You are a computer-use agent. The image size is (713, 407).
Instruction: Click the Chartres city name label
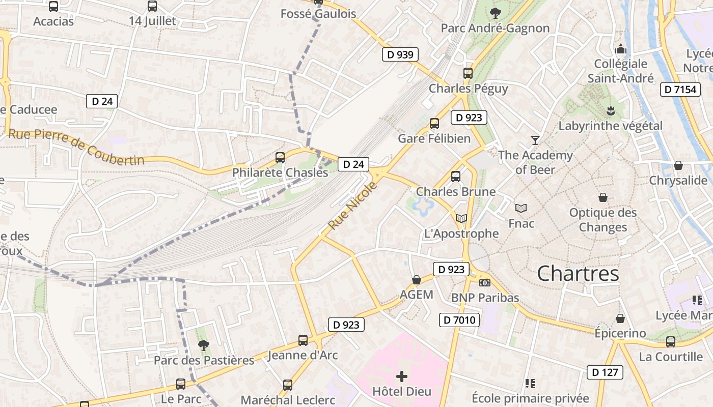[578, 274]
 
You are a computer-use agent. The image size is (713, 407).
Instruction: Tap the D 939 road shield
[400, 54]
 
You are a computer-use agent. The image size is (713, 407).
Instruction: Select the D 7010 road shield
[459, 320]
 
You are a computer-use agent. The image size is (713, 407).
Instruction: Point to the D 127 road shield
[605, 372]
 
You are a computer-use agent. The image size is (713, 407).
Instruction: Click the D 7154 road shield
[679, 90]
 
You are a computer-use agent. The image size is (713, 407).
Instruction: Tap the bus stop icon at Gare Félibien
[434, 124]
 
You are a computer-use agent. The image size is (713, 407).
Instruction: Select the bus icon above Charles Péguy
[468, 73]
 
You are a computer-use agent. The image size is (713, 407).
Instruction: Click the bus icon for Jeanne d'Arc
[303, 340]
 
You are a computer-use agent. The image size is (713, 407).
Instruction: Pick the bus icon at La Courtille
[671, 342]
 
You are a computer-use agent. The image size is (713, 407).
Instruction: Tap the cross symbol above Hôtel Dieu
[402, 376]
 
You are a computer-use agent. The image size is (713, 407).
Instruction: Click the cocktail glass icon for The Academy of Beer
[535, 140]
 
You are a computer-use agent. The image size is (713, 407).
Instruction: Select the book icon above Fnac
[521, 208]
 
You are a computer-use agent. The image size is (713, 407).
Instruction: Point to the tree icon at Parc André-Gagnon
[495, 13]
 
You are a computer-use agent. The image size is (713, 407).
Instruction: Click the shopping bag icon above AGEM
[417, 280]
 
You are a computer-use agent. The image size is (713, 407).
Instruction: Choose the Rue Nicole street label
[353, 205]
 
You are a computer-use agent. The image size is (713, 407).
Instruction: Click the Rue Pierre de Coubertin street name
[76, 147]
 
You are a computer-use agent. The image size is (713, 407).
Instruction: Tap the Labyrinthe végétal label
[611, 126]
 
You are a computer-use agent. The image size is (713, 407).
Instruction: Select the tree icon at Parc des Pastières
[204, 345]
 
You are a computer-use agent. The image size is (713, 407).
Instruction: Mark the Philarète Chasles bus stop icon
[280, 158]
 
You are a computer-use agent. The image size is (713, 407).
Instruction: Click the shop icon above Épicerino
[620, 318]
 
